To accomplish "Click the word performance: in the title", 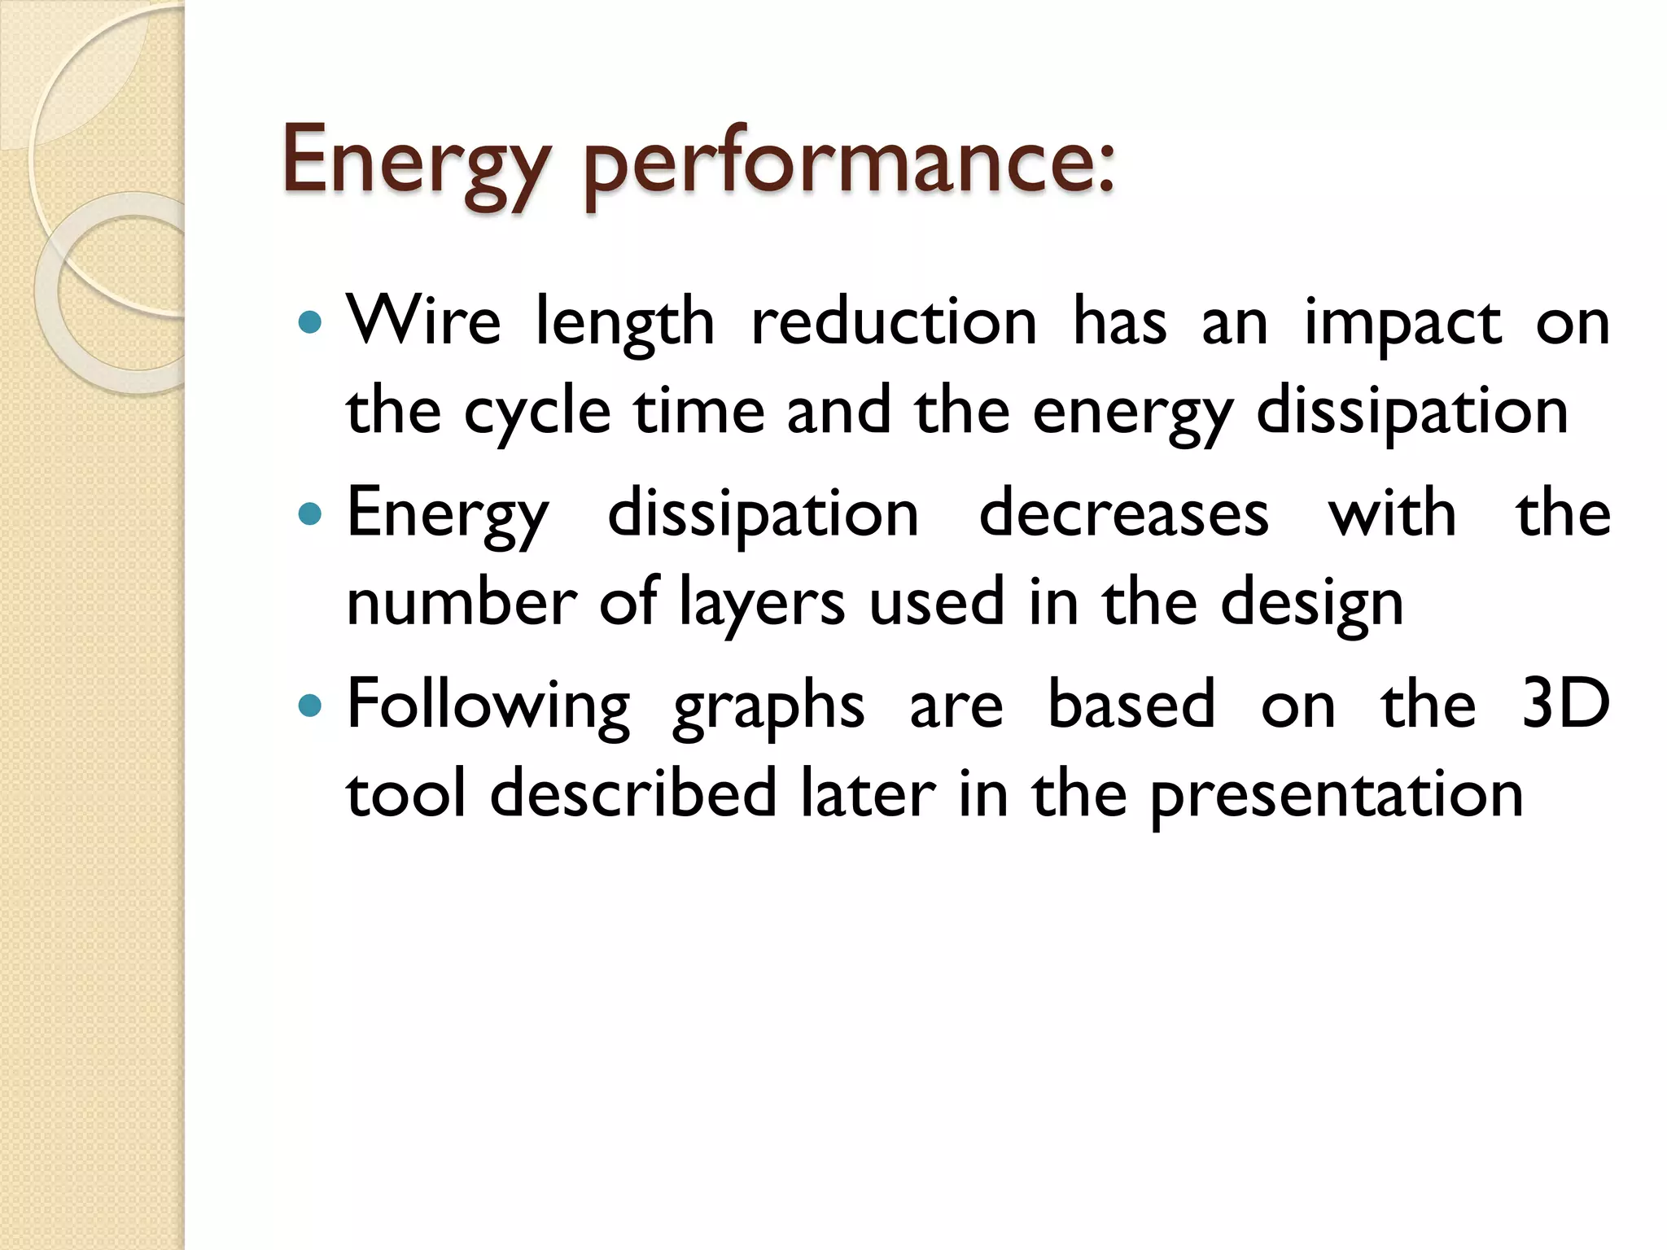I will tap(849, 163).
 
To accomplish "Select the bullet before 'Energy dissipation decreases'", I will tap(310, 514).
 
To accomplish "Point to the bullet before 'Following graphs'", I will tap(310, 706).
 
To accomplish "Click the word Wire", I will tap(423, 321).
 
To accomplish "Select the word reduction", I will tap(894, 321).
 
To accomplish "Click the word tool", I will tap(406, 793).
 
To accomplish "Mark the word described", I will tap(633, 793).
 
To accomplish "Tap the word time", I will tap(699, 411).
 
